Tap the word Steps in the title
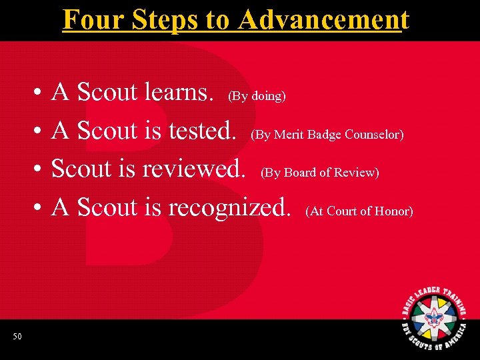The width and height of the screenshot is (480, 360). [x=166, y=19]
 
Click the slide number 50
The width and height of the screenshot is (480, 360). [x=17, y=337]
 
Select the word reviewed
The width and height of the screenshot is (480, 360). [x=193, y=169]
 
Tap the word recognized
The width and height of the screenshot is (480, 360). [x=229, y=208]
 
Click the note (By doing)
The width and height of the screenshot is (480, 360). [x=257, y=96]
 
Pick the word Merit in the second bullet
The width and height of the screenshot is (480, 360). [x=289, y=135]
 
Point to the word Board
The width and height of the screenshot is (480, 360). [x=301, y=173]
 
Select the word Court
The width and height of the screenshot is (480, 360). [x=341, y=211]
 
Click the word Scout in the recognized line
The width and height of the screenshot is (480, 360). [x=107, y=208]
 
